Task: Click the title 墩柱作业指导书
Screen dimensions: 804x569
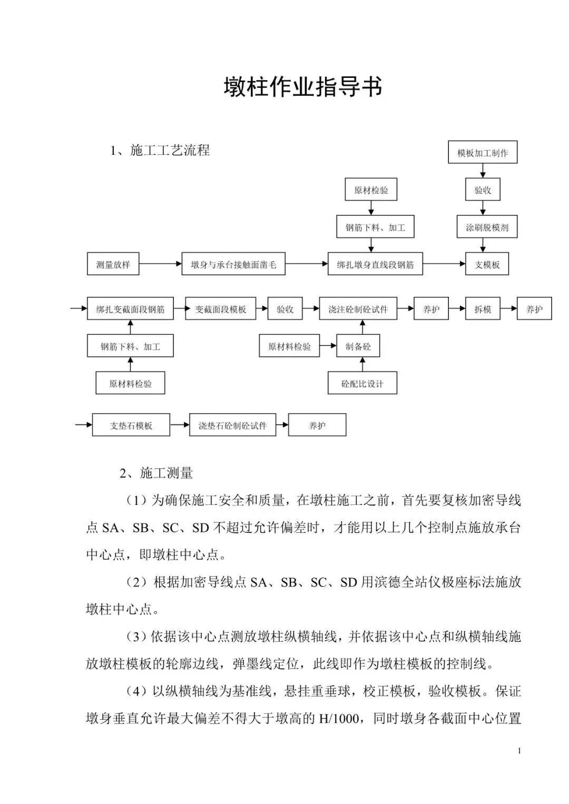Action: click(x=302, y=87)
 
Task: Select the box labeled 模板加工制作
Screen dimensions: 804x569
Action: click(x=483, y=153)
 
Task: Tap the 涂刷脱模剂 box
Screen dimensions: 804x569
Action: click(x=486, y=227)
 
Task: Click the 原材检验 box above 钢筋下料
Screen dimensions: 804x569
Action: click(x=371, y=190)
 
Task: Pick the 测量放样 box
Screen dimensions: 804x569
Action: click(x=113, y=264)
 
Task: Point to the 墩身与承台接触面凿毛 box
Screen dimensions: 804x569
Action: click(x=233, y=264)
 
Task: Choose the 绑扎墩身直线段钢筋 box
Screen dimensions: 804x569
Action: click(x=375, y=264)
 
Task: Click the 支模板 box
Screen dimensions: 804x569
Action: click(x=487, y=264)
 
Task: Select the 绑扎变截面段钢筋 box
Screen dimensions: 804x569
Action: click(x=130, y=309)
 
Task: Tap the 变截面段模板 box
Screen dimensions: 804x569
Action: click(x=220, y=309)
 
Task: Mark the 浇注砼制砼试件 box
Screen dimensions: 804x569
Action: click(x=358, y=309)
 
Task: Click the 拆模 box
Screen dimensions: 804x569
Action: click(x=483, y=309)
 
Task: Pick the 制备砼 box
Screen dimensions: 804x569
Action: click(x=358, y=346)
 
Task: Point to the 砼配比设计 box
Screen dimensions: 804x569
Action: click(x=362, y=383)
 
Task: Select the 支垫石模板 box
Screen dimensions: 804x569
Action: click(x=131, y=425)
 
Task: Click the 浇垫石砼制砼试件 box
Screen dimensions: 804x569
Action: click(x=232, y=425)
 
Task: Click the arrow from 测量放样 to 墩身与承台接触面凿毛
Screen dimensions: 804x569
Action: click(x=160, y=263)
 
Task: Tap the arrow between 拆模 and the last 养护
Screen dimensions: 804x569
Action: click(x=508, y=309)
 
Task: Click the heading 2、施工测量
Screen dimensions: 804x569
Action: click(x=156, y=473)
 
